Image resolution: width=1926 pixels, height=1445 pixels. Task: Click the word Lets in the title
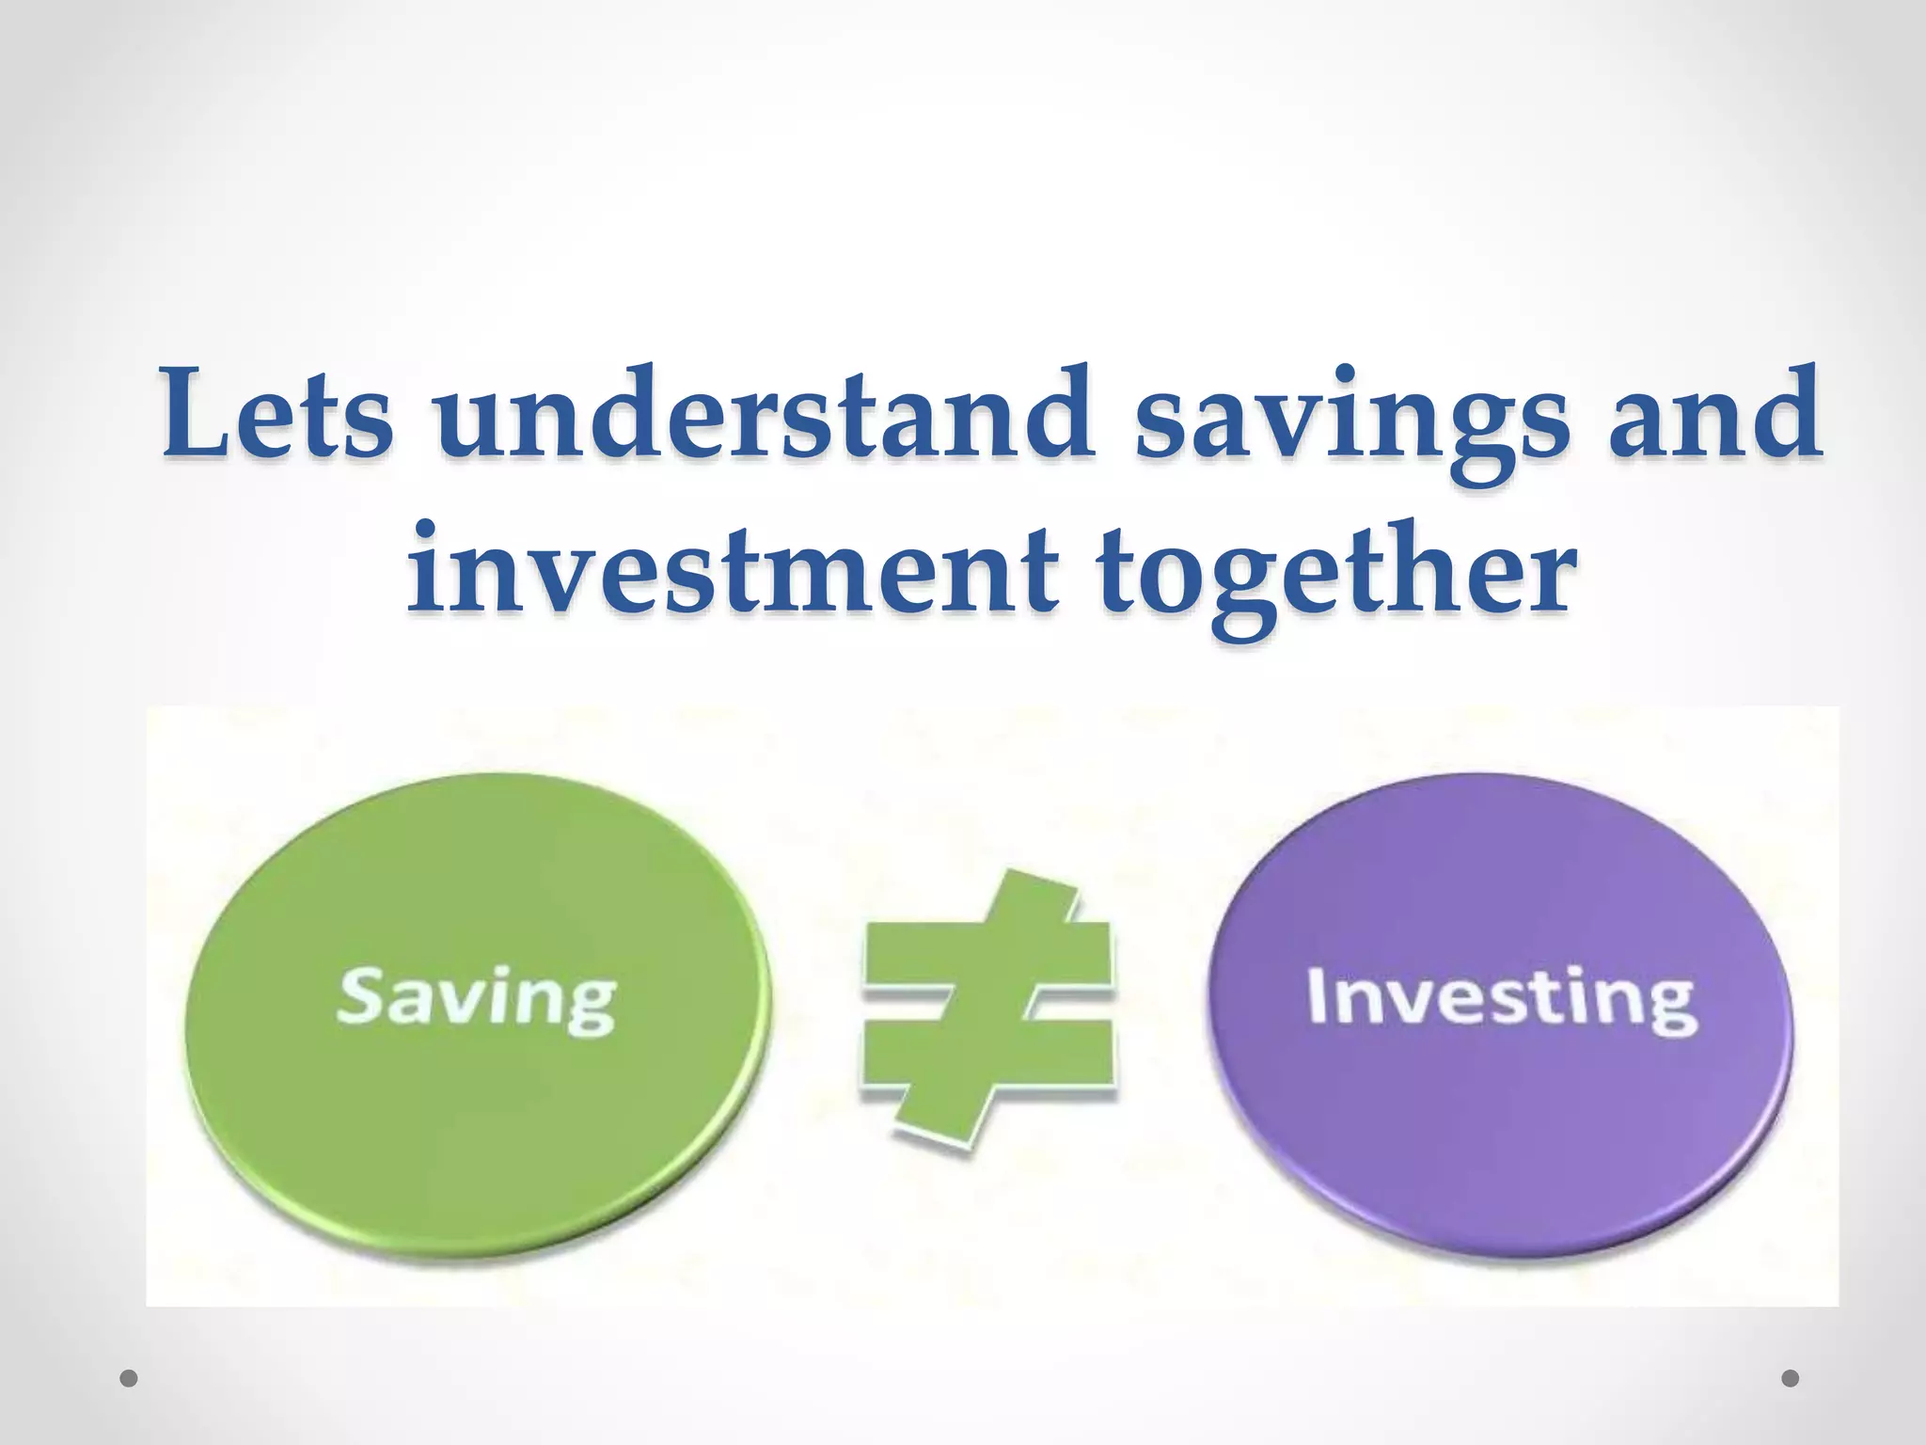[277, 414]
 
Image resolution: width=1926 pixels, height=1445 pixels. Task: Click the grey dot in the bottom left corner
[130, 1379]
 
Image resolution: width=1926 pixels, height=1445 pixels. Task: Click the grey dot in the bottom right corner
[1791, 1379]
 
